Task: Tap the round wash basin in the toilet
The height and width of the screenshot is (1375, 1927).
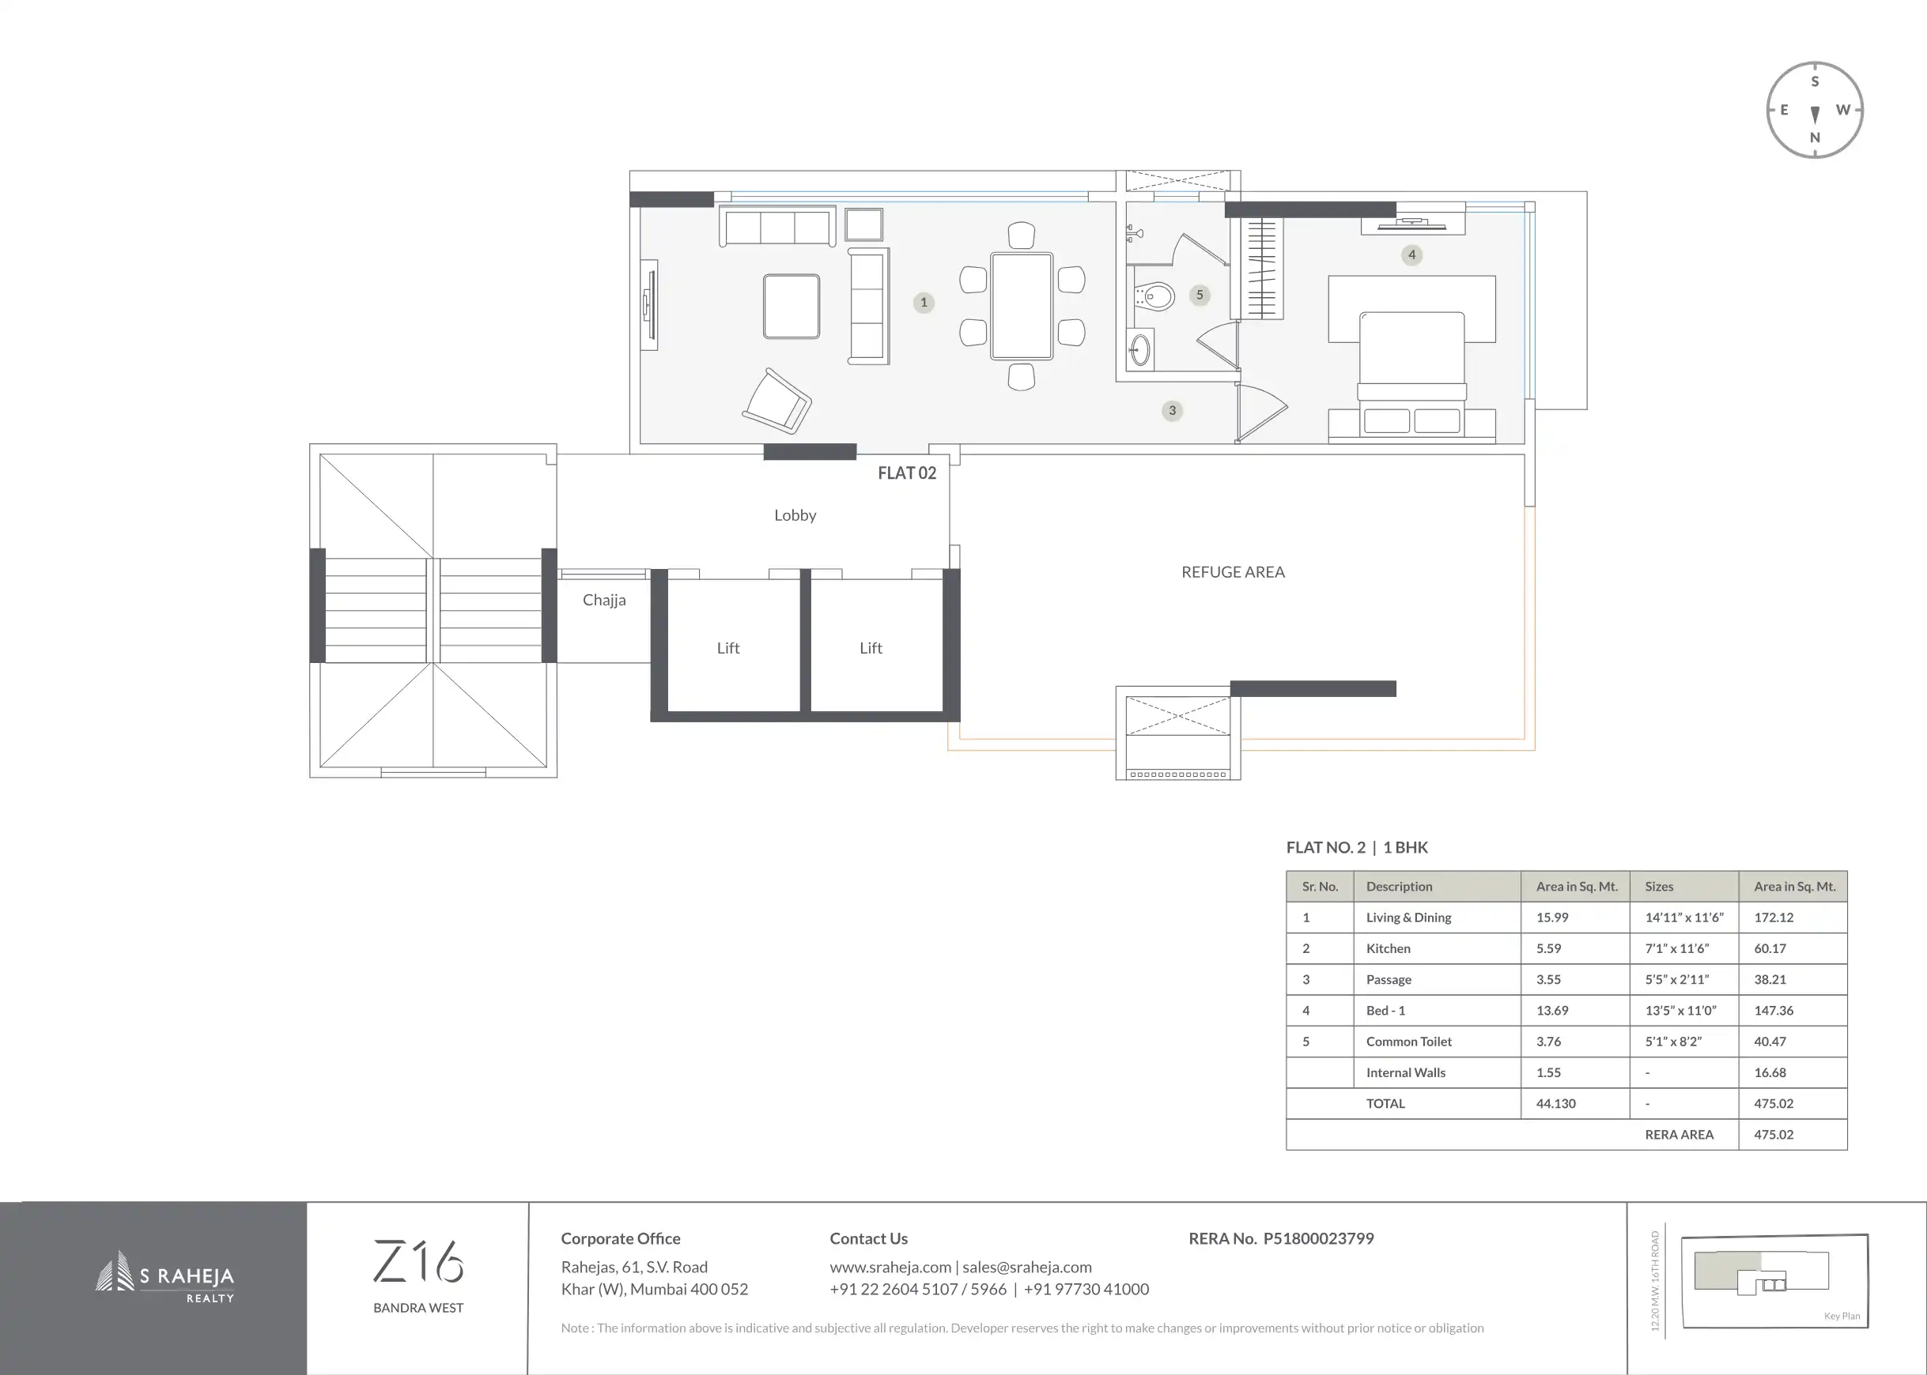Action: pyautogui.click(x=1140, y=348)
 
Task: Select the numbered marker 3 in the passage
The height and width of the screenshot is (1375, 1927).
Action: pyautogui.click(x=1173, y=411)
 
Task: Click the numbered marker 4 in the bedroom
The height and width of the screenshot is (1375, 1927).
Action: pyautogui.click(x=1411, y=254)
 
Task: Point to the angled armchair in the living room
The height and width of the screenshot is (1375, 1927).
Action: pyautogui.click(x=777, y=401)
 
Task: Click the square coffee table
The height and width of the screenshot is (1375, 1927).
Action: pyautogui.click(x=792, y=307)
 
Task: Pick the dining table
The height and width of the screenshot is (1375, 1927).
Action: pyautogui.click(x=1022, y=306)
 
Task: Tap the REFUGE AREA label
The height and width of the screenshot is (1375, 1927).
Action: pyautogui.click(x=1233, y=572)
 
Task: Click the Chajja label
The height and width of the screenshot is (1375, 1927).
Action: pyautogui.click(x=604, y=601)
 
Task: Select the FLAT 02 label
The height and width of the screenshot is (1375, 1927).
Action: pyautogui.click(x=907, y=473)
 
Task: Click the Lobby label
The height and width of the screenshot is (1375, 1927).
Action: pyautogui.click(x=795, y=515)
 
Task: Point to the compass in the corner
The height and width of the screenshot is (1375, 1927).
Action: pyautogui.click(x=1815, y=110)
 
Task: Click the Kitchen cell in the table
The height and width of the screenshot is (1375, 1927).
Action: pyautogui.click(x=1389, y=948)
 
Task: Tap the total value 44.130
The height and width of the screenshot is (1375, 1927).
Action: pyautogui.click(x=1556, y=1103)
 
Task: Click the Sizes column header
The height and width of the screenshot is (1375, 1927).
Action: pyautogui.click(x=1659, y=887)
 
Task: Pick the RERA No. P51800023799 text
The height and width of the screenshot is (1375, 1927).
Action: pyautogui.click(x=1281, y=1239)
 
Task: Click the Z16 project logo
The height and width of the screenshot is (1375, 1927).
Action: pyautogui.click(x=418, y=1261)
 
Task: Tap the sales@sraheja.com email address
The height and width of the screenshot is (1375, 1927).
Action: pyautogui.click(x=1026, y=1268)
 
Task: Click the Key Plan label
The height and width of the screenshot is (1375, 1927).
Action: pyautogui.click(x=1842, y=1316)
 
